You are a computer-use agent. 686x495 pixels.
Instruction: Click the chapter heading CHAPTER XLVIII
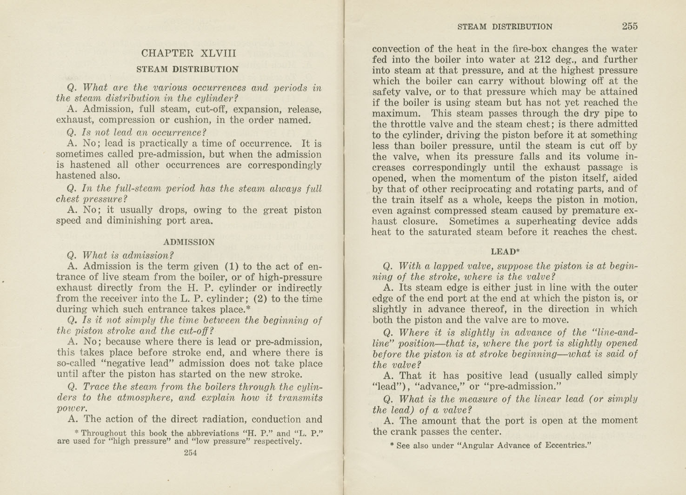click(x=189, y=53)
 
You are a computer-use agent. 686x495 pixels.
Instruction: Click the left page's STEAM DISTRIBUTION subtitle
click(x=187, y=70)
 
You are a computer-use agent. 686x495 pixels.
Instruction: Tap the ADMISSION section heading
click(x=189, y=242)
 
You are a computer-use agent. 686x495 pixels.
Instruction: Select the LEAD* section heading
click(x=505, y=252)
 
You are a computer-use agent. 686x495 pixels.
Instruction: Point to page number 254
click(x=190, y=453)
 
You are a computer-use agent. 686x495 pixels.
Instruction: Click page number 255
click(x=630, y=26)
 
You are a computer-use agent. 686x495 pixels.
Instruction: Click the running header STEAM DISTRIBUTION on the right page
click(x=505, y=27)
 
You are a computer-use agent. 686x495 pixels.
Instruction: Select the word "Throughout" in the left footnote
click(x=104, y=433)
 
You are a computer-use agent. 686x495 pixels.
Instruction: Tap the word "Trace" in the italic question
click(x=95, y=387)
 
